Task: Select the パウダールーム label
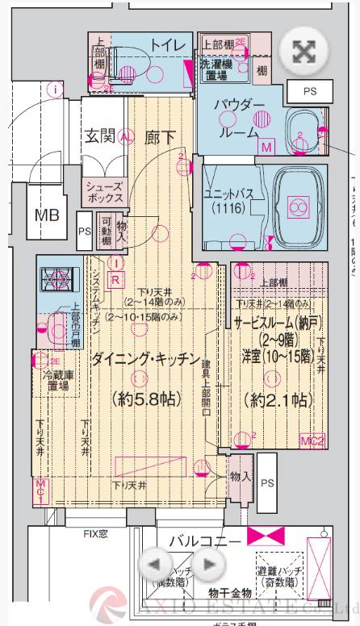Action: click(241, 119)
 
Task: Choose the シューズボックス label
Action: click(104, 191)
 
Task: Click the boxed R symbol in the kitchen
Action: click(115, 279)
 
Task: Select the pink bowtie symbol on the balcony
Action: click(268, 535)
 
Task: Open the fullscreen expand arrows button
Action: click(301, 52)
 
